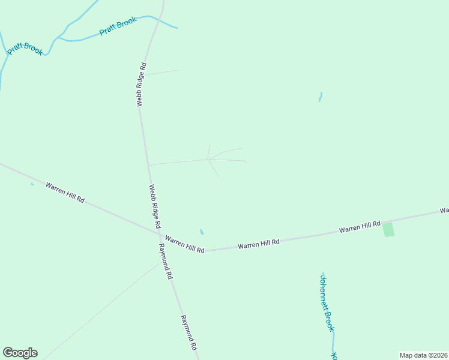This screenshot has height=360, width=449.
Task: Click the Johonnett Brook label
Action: (x=326, y=303)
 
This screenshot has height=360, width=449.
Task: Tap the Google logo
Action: (x=20, y=353)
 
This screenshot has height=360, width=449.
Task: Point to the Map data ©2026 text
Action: (x=423, y=355)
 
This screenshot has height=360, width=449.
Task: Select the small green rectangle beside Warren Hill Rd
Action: (x=388, y=229)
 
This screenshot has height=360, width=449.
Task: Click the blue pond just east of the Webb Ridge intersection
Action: (x=202, y=232)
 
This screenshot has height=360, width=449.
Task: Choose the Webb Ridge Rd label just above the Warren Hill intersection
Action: (x=155, y=206)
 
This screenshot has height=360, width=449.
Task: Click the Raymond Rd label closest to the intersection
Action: (x=166, y=262)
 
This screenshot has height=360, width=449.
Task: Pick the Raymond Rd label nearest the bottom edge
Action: (x=189, y=333)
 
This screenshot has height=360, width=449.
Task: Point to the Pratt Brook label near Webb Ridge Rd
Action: (x=118, y=26)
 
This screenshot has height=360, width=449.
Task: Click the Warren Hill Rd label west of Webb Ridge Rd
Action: (x=65, y=191)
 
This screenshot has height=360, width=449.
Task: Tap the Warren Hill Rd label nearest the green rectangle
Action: (x=360, y=226)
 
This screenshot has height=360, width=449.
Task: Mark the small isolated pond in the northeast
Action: (x=321, y=96)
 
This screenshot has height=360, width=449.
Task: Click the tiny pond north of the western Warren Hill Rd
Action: (x=32, y=184)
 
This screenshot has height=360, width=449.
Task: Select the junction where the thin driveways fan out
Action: (x=208, y=160)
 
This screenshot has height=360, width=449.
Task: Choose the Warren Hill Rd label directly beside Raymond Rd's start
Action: (x=185, y=244)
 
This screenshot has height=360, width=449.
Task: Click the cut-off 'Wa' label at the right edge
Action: (x=444, y=211)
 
